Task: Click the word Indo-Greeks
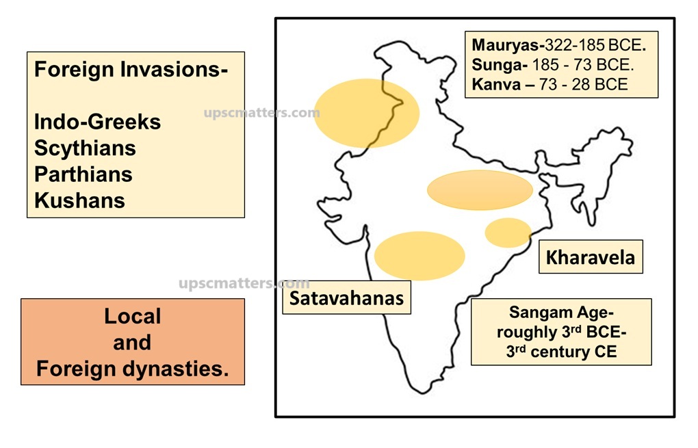pos(97,122)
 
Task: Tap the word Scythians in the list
pos(85,148)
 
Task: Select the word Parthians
pos(83,174)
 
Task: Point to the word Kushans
pos(79,200)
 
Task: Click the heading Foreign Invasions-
pos(131,69)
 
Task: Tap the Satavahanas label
pos(346,298)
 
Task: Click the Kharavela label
pos(590,257)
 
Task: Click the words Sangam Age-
pos(561,313)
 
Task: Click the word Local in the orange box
pos(132,316)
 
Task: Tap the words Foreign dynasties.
pos(132,369)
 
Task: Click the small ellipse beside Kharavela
pos(508,233)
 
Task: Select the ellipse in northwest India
pos(366,113)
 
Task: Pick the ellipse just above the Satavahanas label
pos(419,256)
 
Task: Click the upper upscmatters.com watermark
pos(261,113)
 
